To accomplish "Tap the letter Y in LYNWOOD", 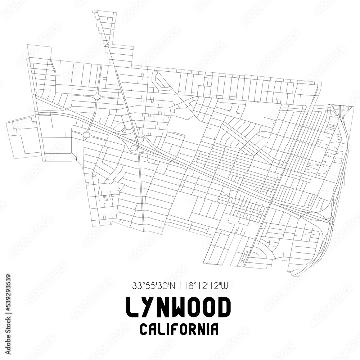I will (149, 308).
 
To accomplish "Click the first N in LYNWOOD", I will (165, 308).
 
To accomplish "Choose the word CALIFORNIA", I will (179, 329).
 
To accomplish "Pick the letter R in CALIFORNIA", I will (194, 329).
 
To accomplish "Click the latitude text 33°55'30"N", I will (153, 286).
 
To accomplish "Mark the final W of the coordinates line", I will (225, 286).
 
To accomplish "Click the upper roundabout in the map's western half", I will (97, 96).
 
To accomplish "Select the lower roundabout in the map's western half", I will (86, 135).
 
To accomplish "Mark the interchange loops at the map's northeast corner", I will (341, 108).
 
